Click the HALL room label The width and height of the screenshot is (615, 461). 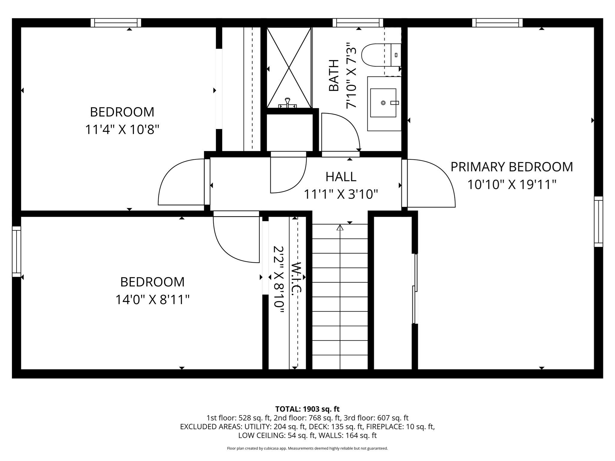(341, 177)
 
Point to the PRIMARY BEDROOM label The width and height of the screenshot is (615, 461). (512, 167)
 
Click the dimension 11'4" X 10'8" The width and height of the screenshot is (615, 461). (122, 130)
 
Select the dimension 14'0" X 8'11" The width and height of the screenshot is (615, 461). (153, 300)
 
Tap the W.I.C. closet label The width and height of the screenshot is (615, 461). (296, 278)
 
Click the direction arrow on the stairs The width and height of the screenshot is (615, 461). (340, 228)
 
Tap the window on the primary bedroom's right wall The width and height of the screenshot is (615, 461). (598, 222)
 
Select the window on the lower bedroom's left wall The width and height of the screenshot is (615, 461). (17, 252)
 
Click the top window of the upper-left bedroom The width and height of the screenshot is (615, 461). (116, 23)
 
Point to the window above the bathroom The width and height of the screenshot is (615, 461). (358, 23)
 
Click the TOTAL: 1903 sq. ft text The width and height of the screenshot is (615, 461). (307, 409)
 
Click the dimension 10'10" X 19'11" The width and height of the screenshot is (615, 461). (512, 184)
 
